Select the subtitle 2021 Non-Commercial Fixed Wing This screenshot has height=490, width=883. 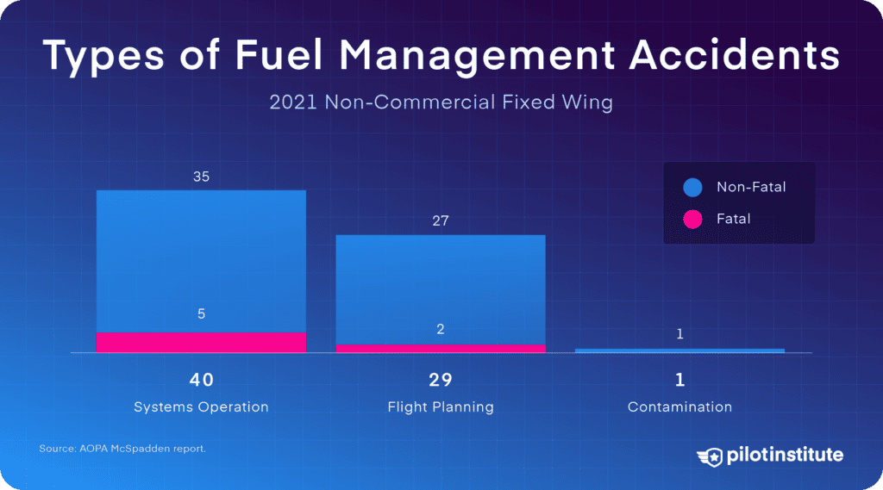click(441, 102)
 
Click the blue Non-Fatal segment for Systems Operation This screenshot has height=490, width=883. click(201, 258)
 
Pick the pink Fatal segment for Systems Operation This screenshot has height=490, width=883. click(201, 342)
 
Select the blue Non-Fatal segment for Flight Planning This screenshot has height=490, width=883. click(441, 288)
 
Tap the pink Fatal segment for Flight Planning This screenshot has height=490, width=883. click(441, 348)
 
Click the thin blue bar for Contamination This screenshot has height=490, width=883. click(679, 350)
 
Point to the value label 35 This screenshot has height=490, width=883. click(201, 177)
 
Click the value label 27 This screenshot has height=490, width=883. click(441, 221)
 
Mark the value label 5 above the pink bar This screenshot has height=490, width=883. click(201, 314)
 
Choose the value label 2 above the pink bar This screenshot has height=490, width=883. click(441, 329)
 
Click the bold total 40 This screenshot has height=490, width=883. click(201, 380)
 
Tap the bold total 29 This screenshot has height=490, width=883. click(441, 380)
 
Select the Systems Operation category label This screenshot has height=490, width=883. click(201, 406)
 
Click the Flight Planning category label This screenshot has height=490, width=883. click(441, 406)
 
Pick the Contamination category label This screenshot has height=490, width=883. click(679, 406)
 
